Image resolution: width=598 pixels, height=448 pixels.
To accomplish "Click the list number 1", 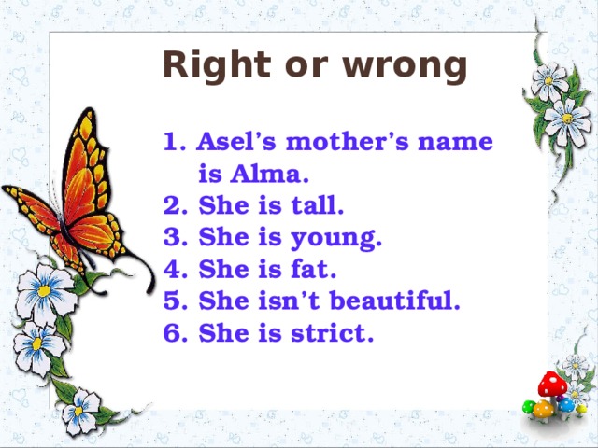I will point(170,143).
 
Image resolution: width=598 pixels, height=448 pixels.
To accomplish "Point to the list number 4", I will point(170,270).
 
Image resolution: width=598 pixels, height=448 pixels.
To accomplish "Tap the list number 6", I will point(170,333).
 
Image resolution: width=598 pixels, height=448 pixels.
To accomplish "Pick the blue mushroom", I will point(566,404).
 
